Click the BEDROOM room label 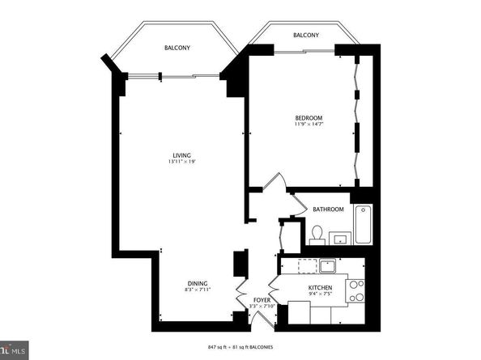[x=309, y=117]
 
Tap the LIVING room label [x=181, y=155]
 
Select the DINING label [x=198, y=283]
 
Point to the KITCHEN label [x=321, y=288]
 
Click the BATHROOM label [x=328, y=210]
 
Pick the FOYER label [x=261, y=299]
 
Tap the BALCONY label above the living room [x=177, y=48]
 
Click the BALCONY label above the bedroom [x=305, y=36]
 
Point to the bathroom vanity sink [x=340, y=238]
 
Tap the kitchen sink [x=327, y=265]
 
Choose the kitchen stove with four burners [x=355, y=290]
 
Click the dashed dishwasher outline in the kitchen [x=306, y=266]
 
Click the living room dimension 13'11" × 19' [x=181, y=163]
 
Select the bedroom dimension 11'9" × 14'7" [x=309, y=125]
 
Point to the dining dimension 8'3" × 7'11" [x=198, y=290]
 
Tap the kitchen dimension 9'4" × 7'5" [x=321, y=295]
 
